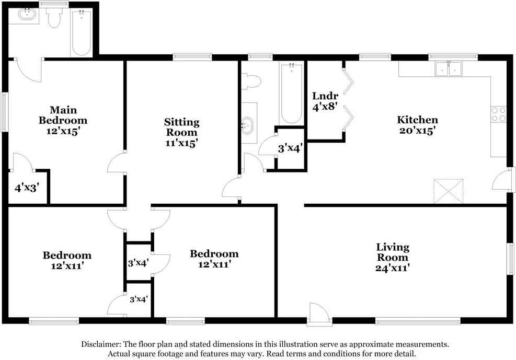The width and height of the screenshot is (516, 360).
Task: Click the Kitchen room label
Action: pyautogui.click(x=417, y=120)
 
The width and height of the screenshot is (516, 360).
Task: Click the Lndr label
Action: pyautogui.click(x=325, y=96)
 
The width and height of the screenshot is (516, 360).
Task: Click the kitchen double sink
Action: pyautogui.click(x=449, y=68)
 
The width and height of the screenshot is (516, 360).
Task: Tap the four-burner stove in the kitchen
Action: pyautogui.click(x=498, y=114)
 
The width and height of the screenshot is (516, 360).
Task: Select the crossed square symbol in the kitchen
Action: pyautogui.click(x=449, y=191)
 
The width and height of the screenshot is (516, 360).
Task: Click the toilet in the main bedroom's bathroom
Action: pyautogui.click(x=54, y=19)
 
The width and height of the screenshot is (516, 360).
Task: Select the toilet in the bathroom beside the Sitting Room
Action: pyautogui.click(x=252, y=81)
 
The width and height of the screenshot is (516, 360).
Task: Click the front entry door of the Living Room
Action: pyautogui.click(x=317, y=315)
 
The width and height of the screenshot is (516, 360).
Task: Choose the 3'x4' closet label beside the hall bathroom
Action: pyautogui.click(x=290, y=148)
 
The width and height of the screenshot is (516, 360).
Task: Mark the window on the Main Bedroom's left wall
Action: pyautogui.click(x=5, y=112)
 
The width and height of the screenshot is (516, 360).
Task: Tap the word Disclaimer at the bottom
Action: pyautogui.click(x=100, y=344)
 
